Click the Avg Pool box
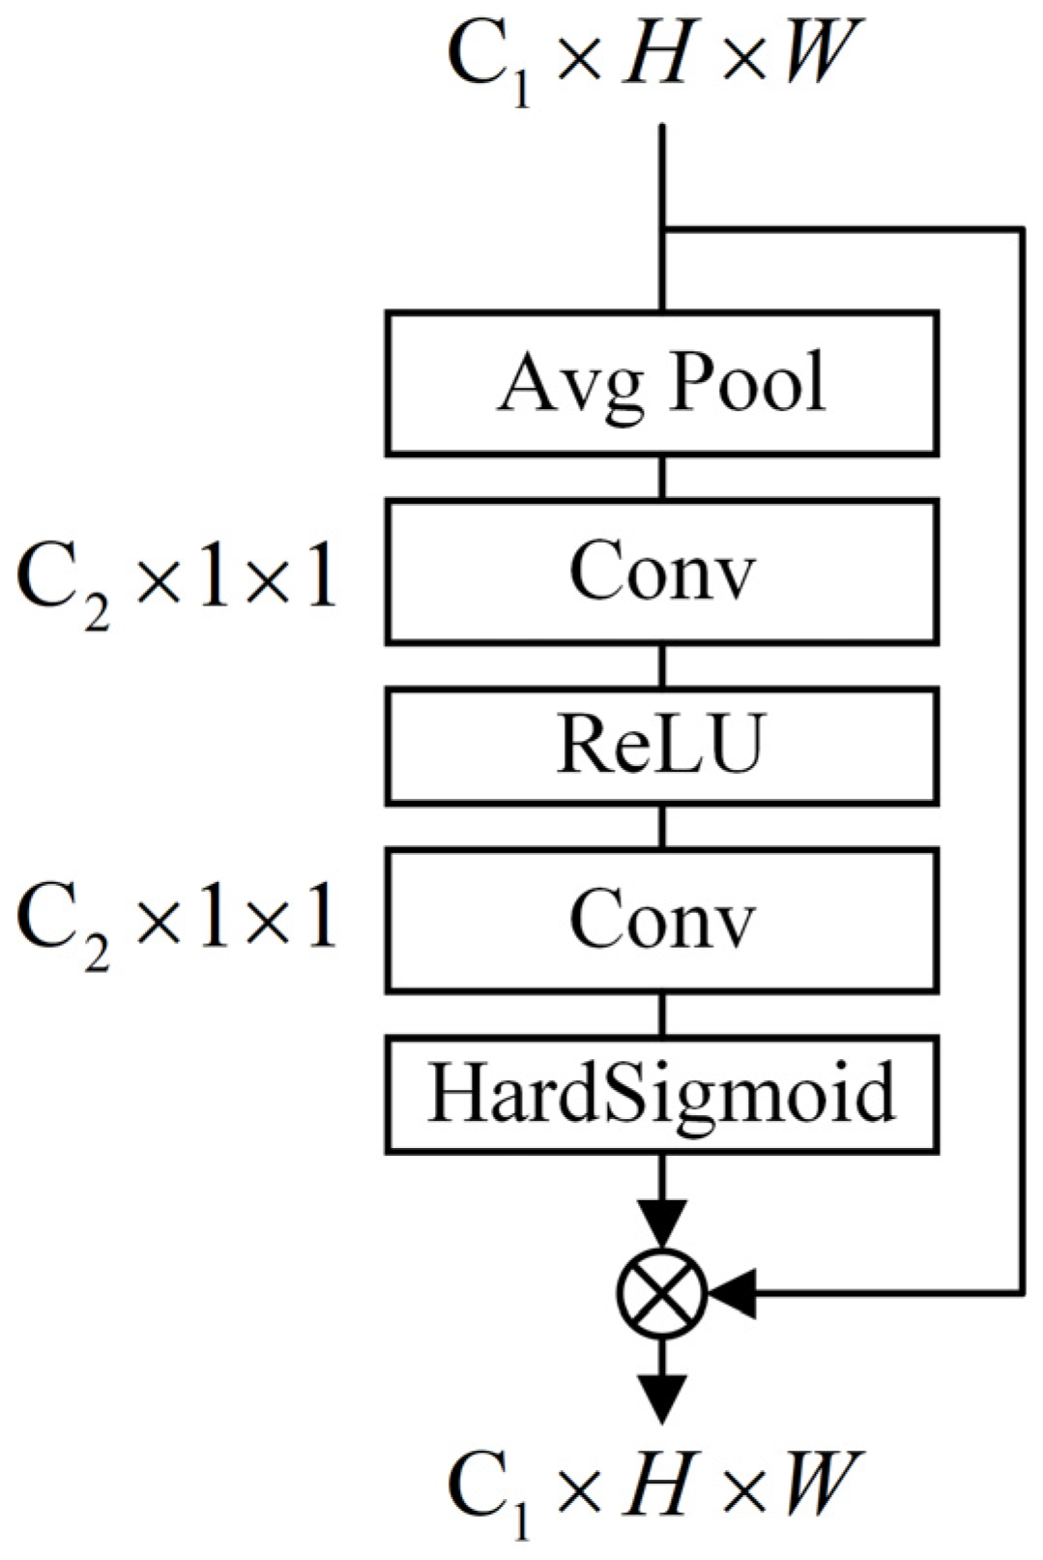coord(661,383)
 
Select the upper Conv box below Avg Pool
coord(661,572)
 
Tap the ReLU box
coord(661,746)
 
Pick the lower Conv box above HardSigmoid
coord(661,920)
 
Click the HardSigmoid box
coord(661,1095)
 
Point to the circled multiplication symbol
coord(662,1292)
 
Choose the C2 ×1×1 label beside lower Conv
coord(177,920)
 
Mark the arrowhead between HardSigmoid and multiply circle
coord(662,1223)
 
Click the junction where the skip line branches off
coord(662,229)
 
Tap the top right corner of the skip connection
coord(1021,229)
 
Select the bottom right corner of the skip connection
coord(1021,1292)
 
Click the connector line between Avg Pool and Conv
coord(662,477)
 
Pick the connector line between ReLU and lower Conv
coord(662,826)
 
